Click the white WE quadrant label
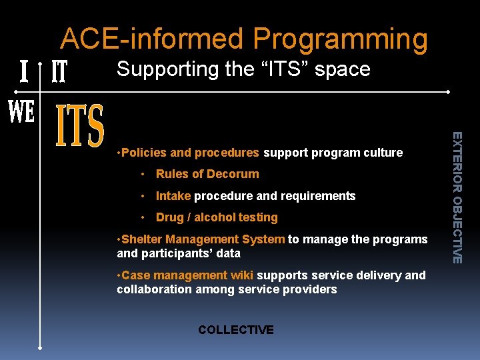pos(21,112)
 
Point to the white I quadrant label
pos(24,71)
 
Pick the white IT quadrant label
pos(59,71)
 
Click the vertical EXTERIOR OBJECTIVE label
pos(457,197)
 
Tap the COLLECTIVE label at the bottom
pos(236,330)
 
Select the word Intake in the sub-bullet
pos(173,196)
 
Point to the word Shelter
pos(141,239)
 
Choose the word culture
pos(383,153)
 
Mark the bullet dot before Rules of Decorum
pos(143,175)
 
